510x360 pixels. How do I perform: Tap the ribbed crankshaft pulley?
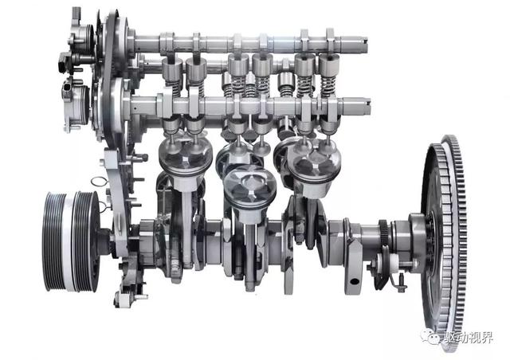(71, 241)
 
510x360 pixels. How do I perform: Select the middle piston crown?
(249, 187)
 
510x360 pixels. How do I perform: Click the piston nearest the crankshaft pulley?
(185, 162)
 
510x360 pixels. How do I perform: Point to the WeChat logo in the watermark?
(430, 336)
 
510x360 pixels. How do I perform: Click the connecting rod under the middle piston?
(250, 253)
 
